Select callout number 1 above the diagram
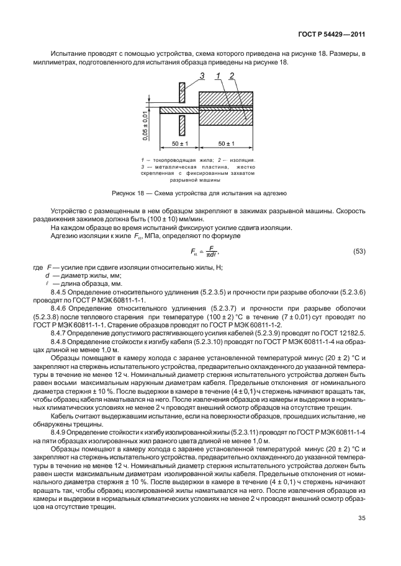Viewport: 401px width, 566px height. (219, 76)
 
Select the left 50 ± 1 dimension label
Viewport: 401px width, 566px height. (173, 144)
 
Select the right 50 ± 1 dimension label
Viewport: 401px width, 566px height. (226, 144)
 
